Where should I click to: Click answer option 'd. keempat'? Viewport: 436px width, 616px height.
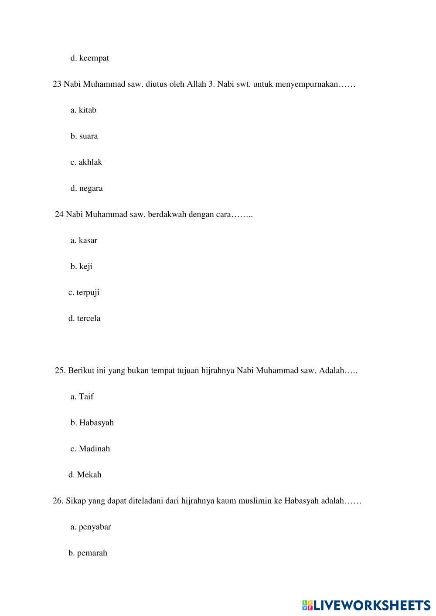(89, 58)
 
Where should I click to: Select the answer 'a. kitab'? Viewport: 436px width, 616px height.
(83, 110)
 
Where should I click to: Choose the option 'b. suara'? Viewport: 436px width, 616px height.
(84, 136)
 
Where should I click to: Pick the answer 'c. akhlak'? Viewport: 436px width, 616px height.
(86, 162)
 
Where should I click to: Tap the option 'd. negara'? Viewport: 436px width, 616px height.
(86, 188)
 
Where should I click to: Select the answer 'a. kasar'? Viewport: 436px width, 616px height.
(84, 240)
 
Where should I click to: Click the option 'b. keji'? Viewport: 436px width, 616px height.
(81, 267)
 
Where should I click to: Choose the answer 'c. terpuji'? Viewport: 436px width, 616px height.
(84, 292)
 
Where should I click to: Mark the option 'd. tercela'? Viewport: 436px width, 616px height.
(84, 318)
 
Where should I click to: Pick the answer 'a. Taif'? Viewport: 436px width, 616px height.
(82, 396)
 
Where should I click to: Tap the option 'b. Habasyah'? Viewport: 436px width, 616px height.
(92, 423)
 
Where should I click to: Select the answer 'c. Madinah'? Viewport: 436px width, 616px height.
(90, 449)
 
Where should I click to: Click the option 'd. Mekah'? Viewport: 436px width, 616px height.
(85, 475)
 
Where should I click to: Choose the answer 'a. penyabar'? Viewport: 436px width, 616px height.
(91, 527)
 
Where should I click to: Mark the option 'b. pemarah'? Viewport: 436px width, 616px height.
(88, 553)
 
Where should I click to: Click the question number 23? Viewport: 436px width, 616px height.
(57, 84)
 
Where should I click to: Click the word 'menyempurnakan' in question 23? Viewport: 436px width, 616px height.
(307, 84)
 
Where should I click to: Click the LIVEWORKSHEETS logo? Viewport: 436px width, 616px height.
(366, 605)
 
